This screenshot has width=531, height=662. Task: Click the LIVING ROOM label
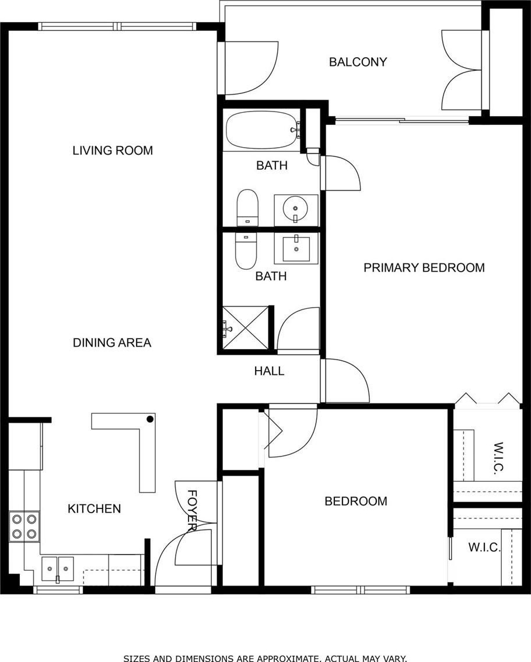(x=113, y=150)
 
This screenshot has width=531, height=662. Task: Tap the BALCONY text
(x=358, y=62)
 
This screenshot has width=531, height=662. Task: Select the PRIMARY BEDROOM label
(x=424, y=268)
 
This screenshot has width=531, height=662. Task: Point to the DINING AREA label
(x=112, y=343)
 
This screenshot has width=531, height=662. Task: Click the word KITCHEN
(x=94, y=508)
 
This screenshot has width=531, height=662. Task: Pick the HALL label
(x=270, y=371)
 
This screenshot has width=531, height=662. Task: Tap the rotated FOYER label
(x=192, y=510)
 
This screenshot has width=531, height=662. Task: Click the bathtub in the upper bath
(x=261, y=130)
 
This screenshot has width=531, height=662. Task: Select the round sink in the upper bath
(x=296, y=210)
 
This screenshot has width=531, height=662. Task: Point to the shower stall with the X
(x=246, y=328)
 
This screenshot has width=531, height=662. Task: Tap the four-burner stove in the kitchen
(x=24, y=527)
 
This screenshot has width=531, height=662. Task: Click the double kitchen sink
(x=58, y=569)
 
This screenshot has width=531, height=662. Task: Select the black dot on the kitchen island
(x=150, y=419)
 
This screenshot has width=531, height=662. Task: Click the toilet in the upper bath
(x=247, y=208)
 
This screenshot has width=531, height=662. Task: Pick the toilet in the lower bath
(x=246, y=251)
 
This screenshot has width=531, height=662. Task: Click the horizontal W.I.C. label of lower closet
(x=484, y=548)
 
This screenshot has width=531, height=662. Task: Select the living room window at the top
(x=118, y=26)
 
